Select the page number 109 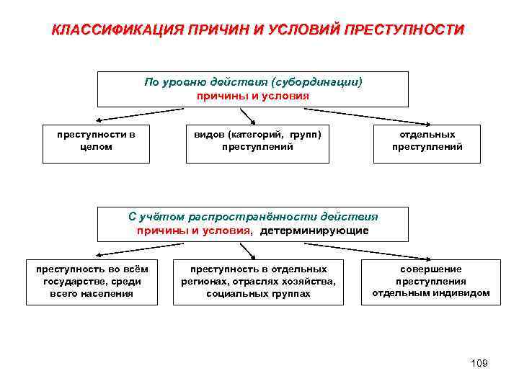[x=479, y=363]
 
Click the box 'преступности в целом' [x=97, y=140]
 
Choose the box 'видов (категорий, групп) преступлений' [x=257, y=140]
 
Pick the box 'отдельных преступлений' [x=427, y=140]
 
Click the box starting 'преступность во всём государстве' [x=92, y=281]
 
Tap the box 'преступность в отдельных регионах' [x=258, y=281]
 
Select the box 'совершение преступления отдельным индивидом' [x=430, y=281]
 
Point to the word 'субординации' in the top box [x=319, y=82]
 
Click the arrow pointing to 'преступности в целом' [x=137, y=115]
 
